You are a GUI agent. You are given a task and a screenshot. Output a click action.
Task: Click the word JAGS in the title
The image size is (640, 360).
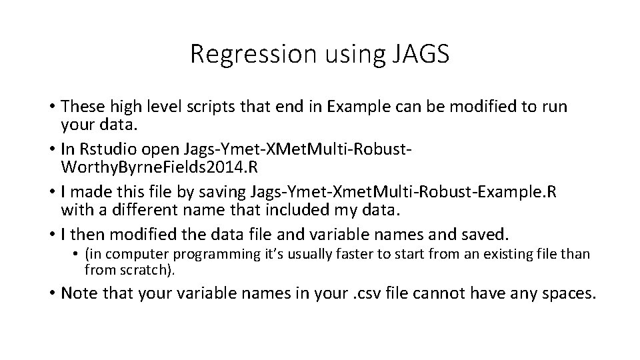click(417, 54)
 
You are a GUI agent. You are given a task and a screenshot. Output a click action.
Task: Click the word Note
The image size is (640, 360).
click(79, 295)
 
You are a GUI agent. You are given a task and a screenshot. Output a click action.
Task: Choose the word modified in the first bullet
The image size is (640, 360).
click(457, 107)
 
